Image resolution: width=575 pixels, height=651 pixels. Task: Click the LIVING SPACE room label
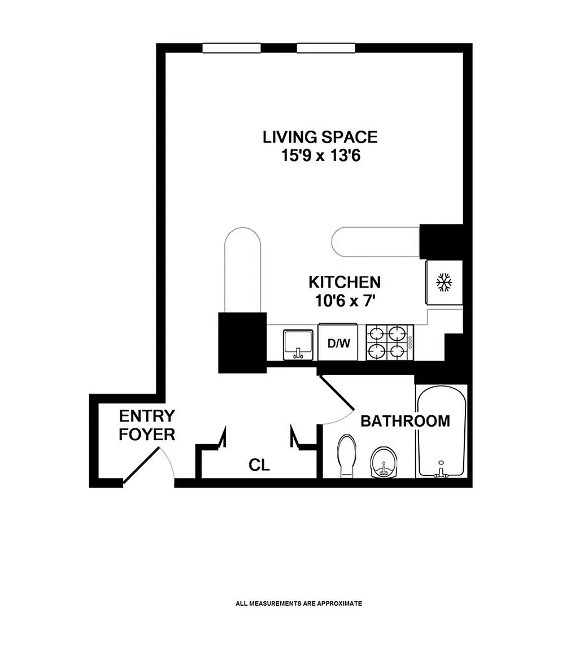tap(320, 137)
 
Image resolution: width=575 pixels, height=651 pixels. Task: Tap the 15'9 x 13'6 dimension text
tap(320, 156)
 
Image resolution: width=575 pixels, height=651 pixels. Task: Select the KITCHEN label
tap(345, 283)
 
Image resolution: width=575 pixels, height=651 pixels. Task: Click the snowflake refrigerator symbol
tap(443, 283)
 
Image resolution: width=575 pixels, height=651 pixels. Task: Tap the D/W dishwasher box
tap(338, 342)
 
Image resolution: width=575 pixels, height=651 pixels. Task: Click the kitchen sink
tap(298, 345)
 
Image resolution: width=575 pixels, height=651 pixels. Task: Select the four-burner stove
tap(390, 342)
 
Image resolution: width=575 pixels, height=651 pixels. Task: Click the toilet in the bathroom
tap(347, 456)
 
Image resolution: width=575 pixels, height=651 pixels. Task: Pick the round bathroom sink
tap(384, 462)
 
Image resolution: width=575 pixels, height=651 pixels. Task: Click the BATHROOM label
tap(405, 421)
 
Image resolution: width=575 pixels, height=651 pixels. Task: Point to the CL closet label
tap(259, 465)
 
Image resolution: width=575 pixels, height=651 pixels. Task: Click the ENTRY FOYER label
tap(147, 425)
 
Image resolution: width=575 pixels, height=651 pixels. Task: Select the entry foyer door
tap(141, 465)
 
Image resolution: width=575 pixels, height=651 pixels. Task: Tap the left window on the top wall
tap(232, 48)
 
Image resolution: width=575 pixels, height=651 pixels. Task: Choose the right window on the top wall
tap(326, 48)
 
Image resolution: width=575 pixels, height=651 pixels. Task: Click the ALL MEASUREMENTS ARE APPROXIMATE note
tap(299, 604)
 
